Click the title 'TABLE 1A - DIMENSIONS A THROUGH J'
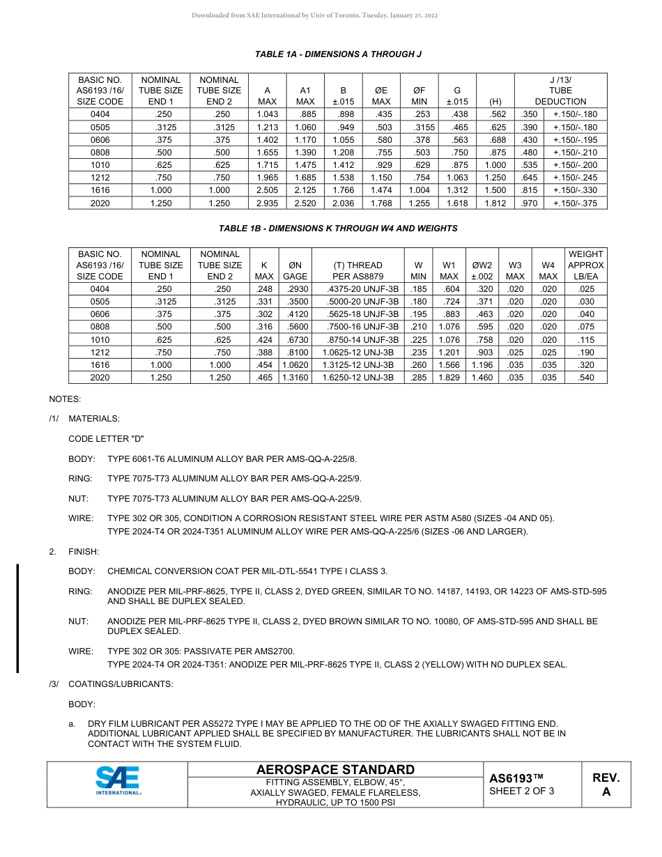pyautogui.click(x=338, y=54)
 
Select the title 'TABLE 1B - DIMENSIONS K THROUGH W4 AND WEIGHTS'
pyautogui.click(x=338, y=228)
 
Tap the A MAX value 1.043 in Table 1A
pyautogui.click(x=268, y=114)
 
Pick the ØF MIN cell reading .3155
pyautogui.click(x=419, y=128)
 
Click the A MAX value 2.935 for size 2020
pyautogui.click(x=268, y=203)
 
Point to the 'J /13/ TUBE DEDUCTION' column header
pyautogui.click(x=560, y=91)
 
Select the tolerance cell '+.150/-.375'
pyautogui.click(x=575, y=203)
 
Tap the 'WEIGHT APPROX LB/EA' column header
pyautogui.click(x=585, y=265)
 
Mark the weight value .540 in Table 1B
pyautogui.click(x=585, y=378)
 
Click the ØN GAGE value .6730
pyautogui.click(x=295, y=339)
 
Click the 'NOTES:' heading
pyautogui.click(x=65, y=399)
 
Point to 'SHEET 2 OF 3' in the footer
pyautogui.click(x=522, y=791)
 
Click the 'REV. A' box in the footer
pyautogui.click(x=606, y=785)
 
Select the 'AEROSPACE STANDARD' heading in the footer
pyautogui.click(x=335, y=769)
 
